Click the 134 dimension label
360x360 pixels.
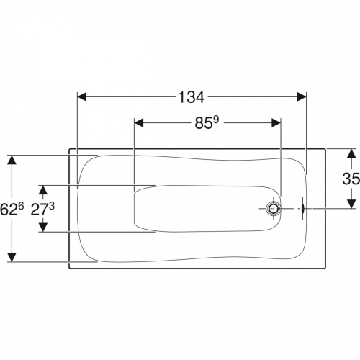(x=192, y=97)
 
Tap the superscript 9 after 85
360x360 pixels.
(x=216, y=120)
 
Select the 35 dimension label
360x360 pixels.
(x=351, y=179)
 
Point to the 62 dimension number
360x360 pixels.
(x=9, y=210)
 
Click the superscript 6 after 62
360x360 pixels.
(x=21, y=207)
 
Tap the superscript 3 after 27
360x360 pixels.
(x=52, y=207)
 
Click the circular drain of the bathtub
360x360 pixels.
(x=274, y=209)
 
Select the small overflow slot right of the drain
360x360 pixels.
(x=303, y=208)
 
